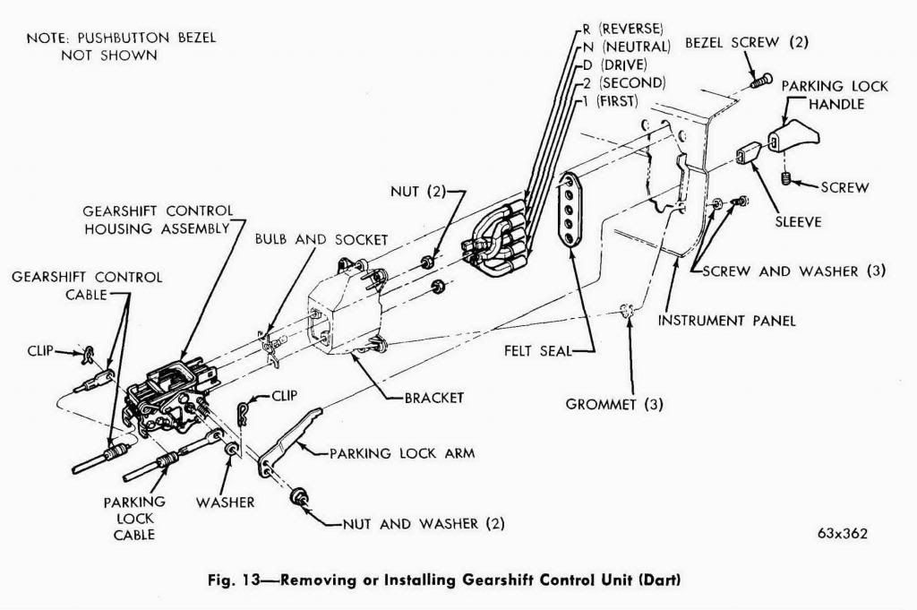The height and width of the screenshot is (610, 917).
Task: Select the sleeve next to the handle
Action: click(749, 157)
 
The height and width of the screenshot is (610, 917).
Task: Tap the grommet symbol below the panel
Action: click(627, 311)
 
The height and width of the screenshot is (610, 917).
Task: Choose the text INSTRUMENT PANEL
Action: click(726, 320)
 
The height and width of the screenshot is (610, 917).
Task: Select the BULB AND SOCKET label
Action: click(321, 240)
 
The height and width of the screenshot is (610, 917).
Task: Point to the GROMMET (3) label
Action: click(613, 403)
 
